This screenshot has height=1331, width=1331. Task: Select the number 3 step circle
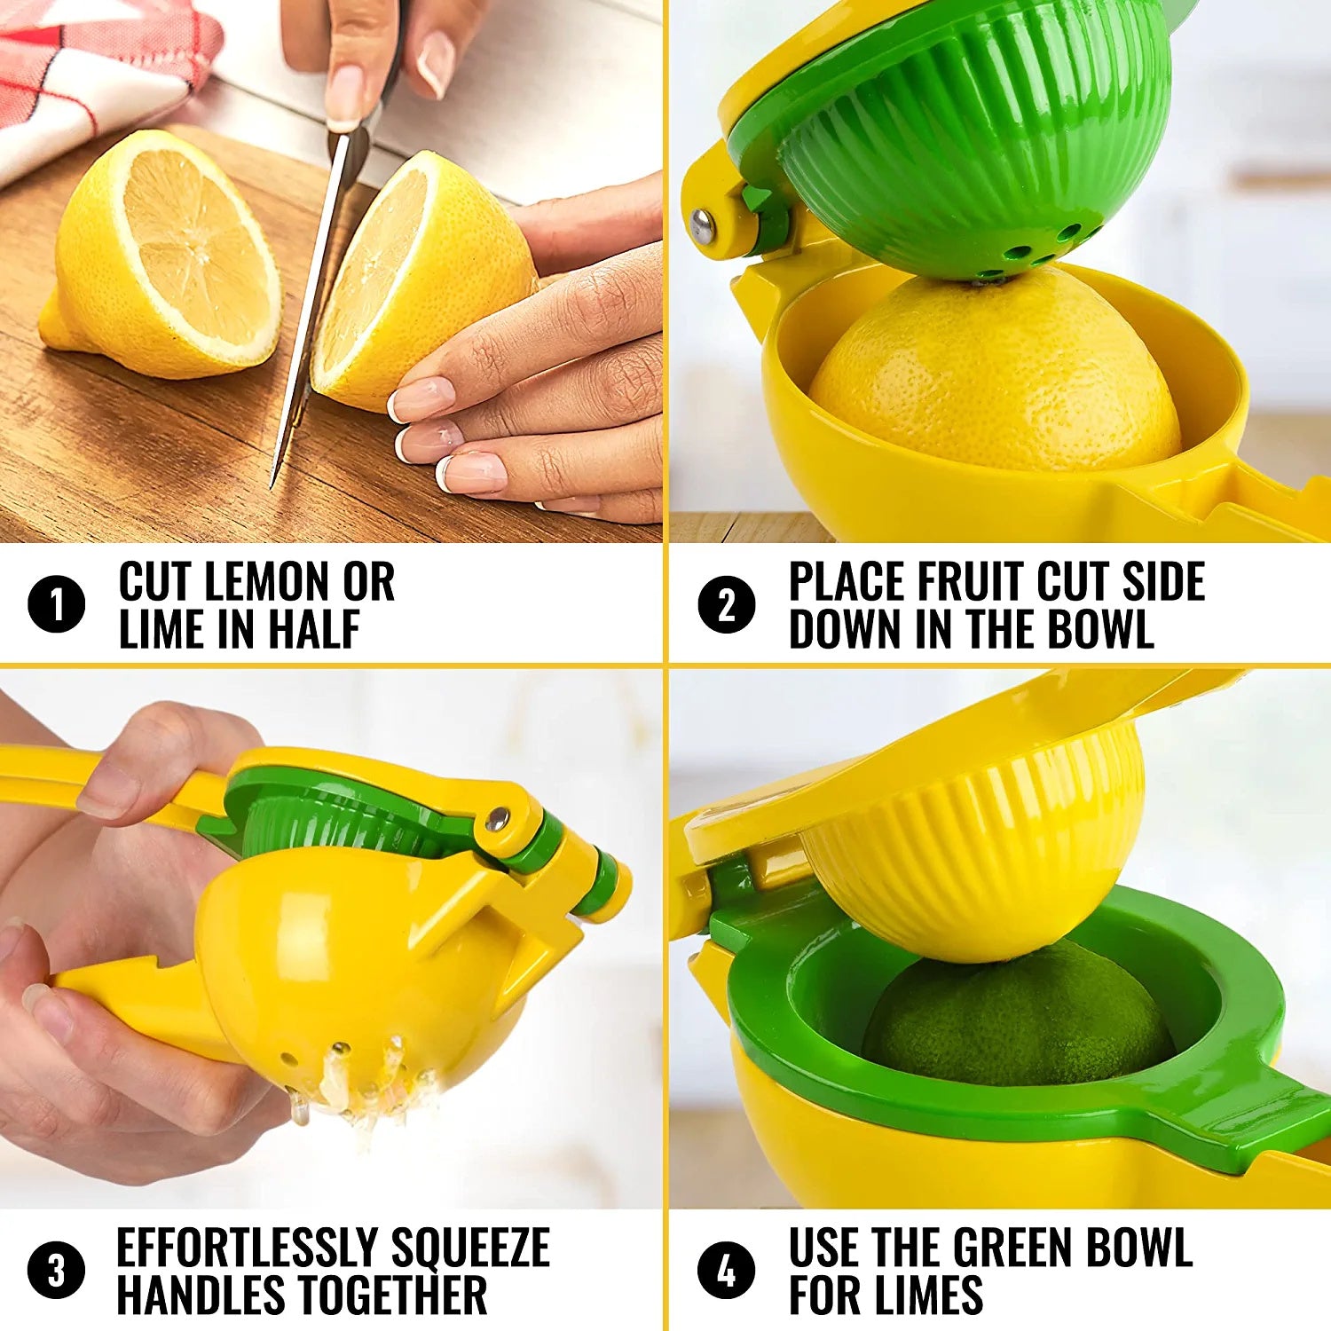(56, 1270)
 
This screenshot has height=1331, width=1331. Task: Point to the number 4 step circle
(726, 1270)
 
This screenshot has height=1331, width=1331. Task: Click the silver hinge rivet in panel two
(702, 225)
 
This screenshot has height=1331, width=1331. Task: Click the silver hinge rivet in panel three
(497, 818)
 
